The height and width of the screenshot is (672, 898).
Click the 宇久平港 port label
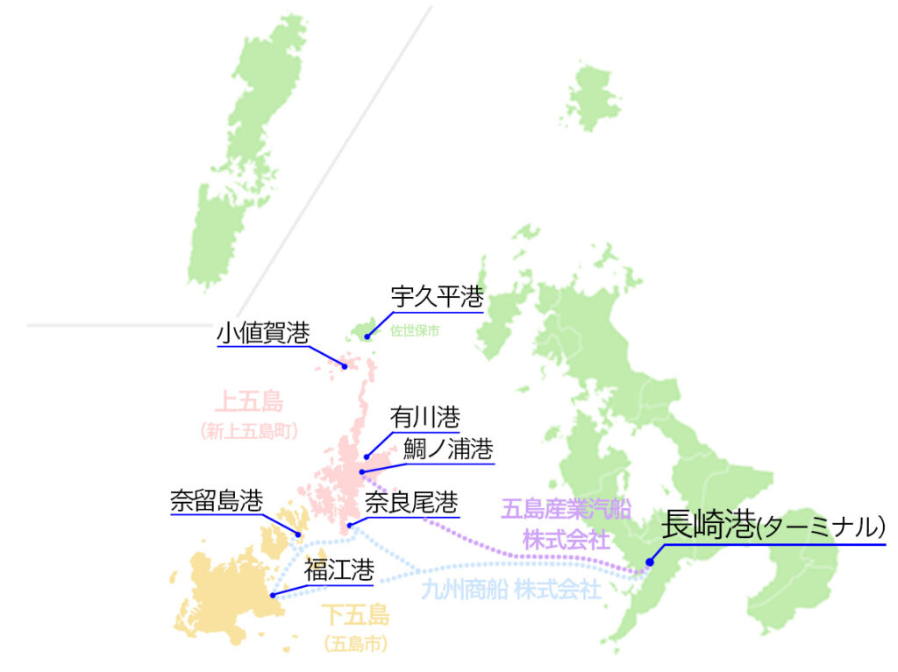(437, 297)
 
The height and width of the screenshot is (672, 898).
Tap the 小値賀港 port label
(263, 333)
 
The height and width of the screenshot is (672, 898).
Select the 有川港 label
(424, 417)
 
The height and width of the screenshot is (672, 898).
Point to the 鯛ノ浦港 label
(448, 449)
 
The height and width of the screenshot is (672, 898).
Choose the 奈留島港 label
(216, 501)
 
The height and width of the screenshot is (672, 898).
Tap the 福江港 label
(339, 570)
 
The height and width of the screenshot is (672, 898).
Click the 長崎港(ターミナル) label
(773, 526)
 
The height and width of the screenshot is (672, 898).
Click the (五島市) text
(355, 644)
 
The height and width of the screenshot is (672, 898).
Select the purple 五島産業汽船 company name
(567, 508)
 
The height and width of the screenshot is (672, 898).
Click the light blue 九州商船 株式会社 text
(510, 589)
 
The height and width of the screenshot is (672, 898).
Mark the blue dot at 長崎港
(649, 562)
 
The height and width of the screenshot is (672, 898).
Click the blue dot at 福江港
(273, 595)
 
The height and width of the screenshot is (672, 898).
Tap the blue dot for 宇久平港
(367, 336)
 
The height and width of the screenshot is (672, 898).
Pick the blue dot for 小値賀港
(345, 365)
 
